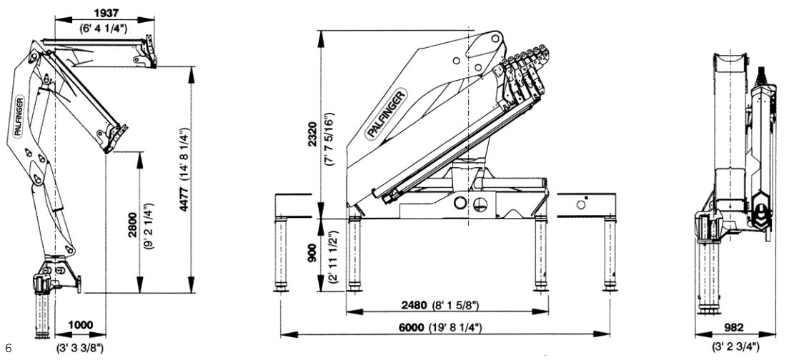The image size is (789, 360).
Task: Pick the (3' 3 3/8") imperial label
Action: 80,348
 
